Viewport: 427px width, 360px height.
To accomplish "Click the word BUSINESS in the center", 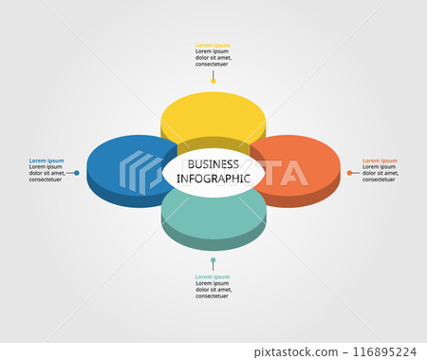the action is click(x=213, y=164).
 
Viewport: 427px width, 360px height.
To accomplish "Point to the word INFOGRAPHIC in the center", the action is click(x=213, y=178).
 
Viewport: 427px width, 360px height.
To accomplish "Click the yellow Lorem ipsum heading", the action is click(x=213, y=45).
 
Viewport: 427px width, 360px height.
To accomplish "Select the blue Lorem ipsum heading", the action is click(x=46, y=161).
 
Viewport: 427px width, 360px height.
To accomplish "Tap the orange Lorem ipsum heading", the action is click(x=380, y=161).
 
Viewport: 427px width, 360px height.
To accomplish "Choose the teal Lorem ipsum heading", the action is click(x=213, y=276).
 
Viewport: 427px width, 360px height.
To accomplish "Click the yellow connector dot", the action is click(x=213, y=81).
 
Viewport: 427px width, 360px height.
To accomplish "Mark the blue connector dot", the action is click(x=77, y=173).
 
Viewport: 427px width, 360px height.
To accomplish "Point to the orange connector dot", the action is click(x=349, y=173).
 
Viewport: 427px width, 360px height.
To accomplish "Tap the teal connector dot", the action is click(x=213, y=259).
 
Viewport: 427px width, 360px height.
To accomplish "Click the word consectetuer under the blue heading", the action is click(x=46, y=180).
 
